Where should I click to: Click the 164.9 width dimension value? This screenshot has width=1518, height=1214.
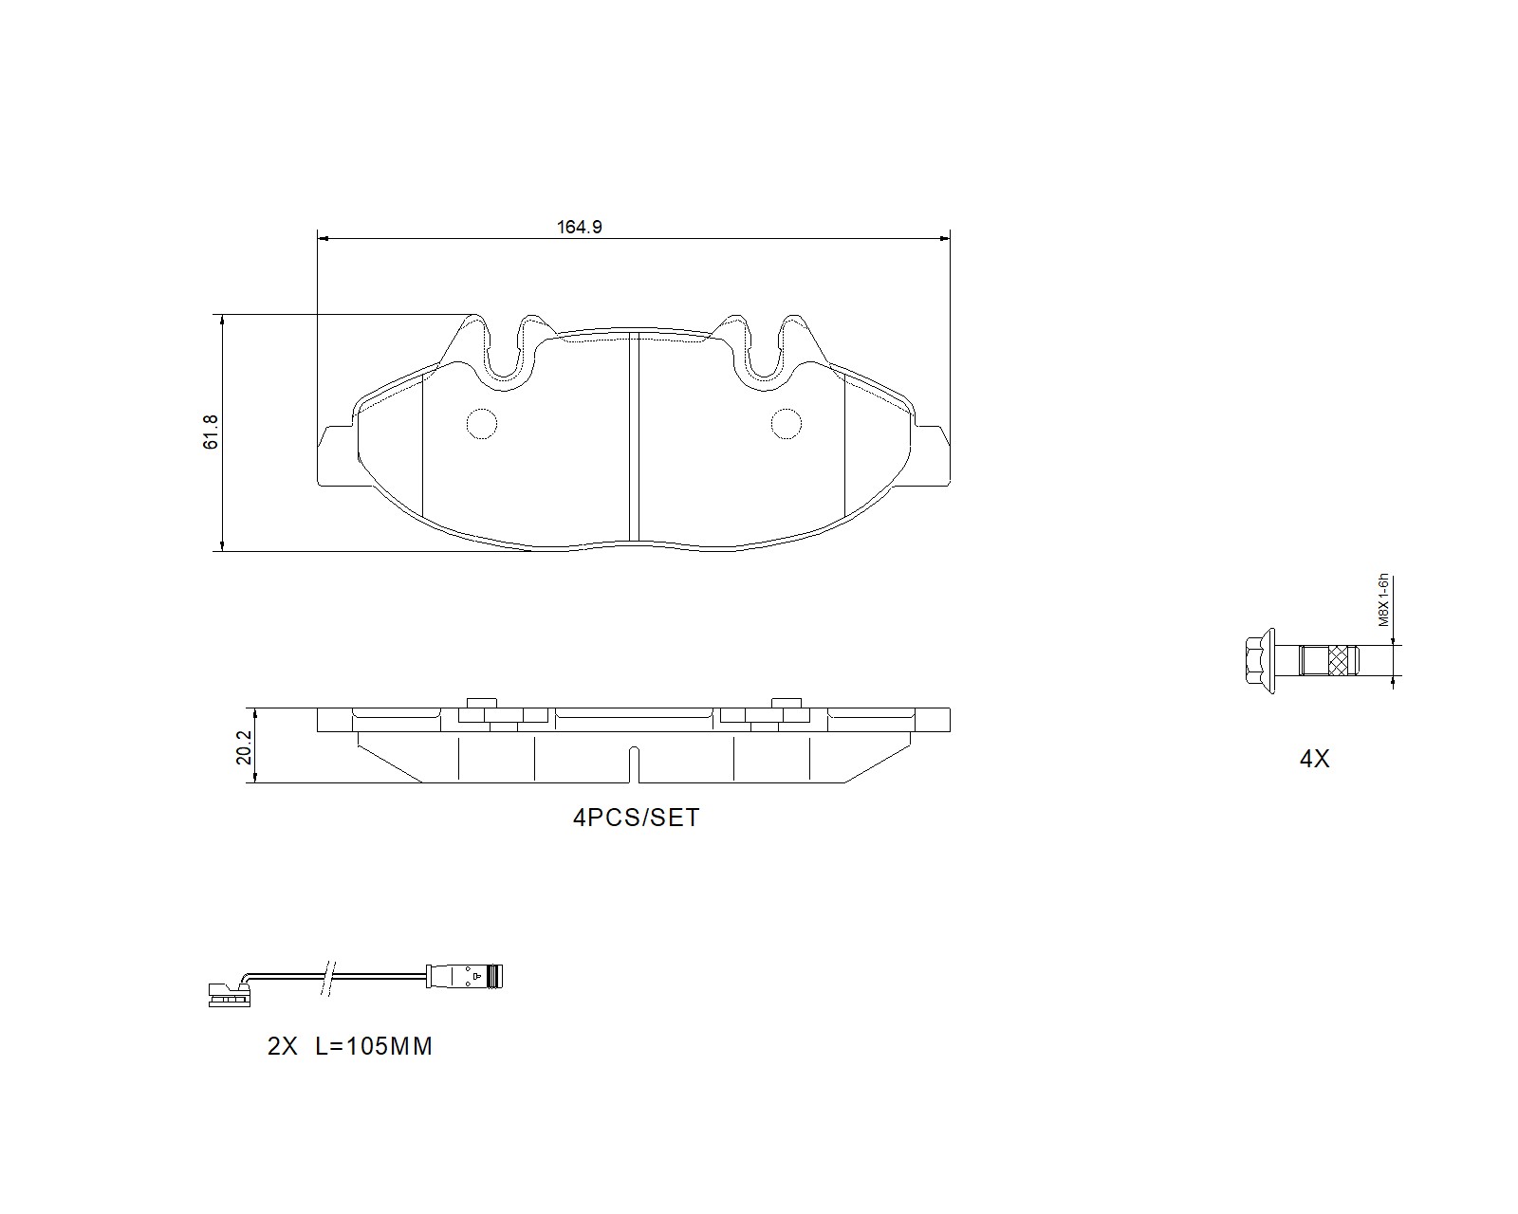point(579,227)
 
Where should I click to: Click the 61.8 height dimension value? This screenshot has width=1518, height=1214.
point(211,432)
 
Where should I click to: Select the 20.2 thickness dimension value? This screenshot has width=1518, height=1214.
point(243,746)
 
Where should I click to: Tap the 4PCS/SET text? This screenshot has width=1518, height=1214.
point(636,818)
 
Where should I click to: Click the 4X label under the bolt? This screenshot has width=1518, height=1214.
point(1315,759)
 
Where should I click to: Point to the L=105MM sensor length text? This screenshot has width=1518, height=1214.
point(373,1047)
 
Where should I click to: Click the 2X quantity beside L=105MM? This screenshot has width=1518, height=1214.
point(283,1047)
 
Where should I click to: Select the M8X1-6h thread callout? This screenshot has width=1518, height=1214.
point(1383,600)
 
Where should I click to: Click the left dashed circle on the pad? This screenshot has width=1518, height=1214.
point(482,423)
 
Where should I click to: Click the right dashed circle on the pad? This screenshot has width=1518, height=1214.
point(786,423)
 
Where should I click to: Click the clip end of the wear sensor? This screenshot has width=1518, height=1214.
point(229,995)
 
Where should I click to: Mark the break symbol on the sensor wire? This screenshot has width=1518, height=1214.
point(328,976)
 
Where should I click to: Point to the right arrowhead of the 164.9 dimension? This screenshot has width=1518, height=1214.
point(944,238)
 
